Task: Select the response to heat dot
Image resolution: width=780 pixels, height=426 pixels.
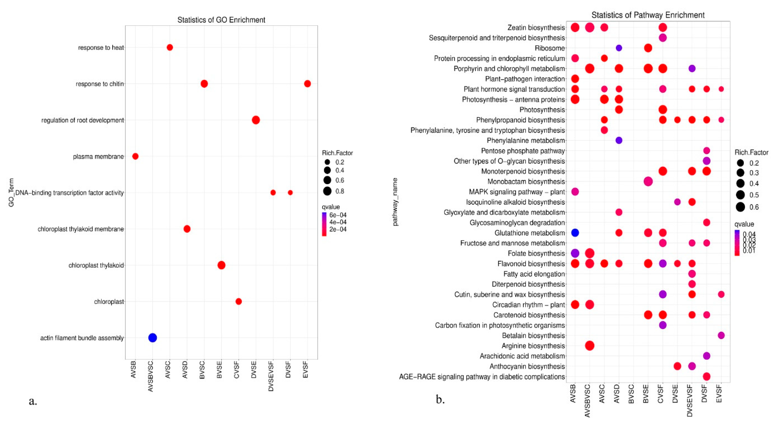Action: [x=170, y=47]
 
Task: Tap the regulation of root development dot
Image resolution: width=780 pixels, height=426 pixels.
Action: [x=256, y=120]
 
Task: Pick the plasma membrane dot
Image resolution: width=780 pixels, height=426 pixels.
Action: [x=135, y=156]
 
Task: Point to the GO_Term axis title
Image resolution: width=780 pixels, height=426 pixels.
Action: [x=11, y=193]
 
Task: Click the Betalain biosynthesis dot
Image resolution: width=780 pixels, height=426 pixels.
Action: [x=721, y=335]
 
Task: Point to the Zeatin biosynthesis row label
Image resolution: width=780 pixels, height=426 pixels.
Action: [x=536, y=28]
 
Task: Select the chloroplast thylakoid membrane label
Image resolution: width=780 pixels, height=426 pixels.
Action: [x=81, y=229]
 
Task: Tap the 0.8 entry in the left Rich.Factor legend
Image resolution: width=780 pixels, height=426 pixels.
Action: [x=339, y=191]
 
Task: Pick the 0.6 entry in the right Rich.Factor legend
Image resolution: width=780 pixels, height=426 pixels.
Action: [x=754, y=207]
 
